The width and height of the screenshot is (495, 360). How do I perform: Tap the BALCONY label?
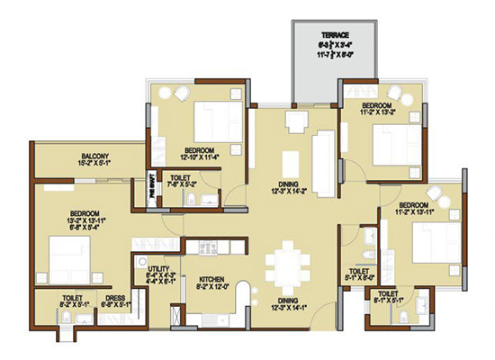coord(94,157)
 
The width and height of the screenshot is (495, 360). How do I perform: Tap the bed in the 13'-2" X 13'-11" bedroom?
coord(67,256)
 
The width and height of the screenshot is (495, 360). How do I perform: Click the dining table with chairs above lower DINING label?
coord(289,263)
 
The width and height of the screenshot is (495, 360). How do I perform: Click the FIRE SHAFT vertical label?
coord(154,191)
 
